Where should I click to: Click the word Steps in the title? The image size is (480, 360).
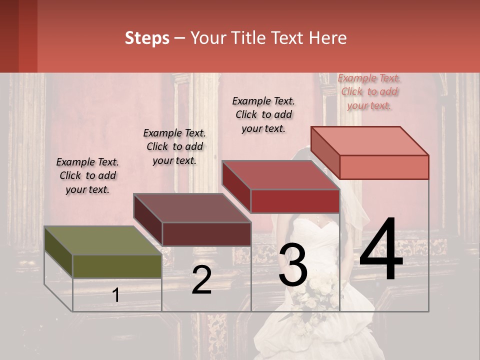coord(147,38)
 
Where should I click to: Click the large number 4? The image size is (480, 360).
coord(381,249)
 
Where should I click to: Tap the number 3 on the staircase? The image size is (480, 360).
coord(293,265)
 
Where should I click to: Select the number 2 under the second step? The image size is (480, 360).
coord(201,280)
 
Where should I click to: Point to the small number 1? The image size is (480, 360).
coord(116,295)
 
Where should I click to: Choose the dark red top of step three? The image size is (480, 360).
coord(280,175)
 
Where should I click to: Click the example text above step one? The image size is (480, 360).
coord(87,175)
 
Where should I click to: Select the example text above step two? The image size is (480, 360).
coord(174,146)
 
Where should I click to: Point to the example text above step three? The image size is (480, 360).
coord(263,114)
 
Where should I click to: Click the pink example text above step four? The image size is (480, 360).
coord(369,91)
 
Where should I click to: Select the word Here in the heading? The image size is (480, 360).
coord(329,38)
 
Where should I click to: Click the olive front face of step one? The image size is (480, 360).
coord(117,266)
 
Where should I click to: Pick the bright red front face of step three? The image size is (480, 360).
coord(295,201)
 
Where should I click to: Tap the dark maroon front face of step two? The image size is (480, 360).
coord(206,234)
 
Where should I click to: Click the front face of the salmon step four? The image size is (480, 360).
coord(384,167)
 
